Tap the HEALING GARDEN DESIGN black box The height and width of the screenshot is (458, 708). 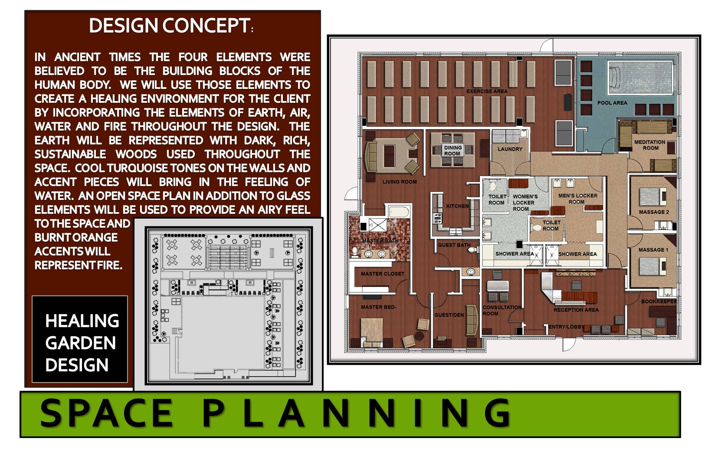80,339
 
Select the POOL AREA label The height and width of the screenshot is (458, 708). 612,103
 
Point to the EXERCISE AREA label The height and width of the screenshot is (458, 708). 487,92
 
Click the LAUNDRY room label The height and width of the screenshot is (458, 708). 510,149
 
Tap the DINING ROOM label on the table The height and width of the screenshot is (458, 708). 452,150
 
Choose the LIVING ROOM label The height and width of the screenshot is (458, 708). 400,182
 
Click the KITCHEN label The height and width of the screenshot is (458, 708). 457,206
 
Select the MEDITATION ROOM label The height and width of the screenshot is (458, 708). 649,145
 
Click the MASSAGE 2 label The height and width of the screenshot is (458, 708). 654,212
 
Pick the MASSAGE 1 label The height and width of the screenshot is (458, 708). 653,250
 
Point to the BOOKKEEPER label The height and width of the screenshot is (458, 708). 659,301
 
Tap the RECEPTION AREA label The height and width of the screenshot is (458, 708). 576,310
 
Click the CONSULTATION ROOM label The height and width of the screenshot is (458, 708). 502,310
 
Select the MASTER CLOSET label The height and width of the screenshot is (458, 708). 383,274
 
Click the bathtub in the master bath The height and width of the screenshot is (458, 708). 399,212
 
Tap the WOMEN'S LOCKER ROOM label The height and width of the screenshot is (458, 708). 525,203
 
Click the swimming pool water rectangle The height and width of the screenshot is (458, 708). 640,78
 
